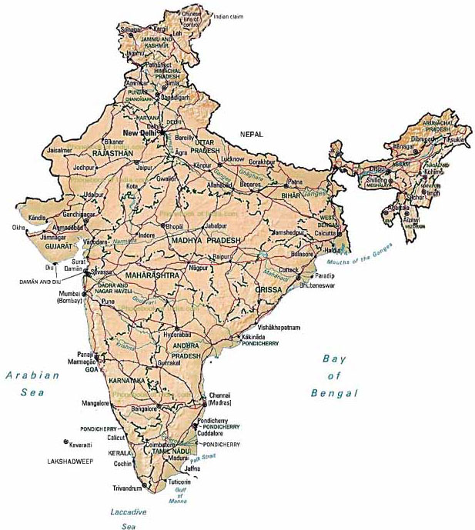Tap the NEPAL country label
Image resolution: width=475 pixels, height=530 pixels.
[251, 134]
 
